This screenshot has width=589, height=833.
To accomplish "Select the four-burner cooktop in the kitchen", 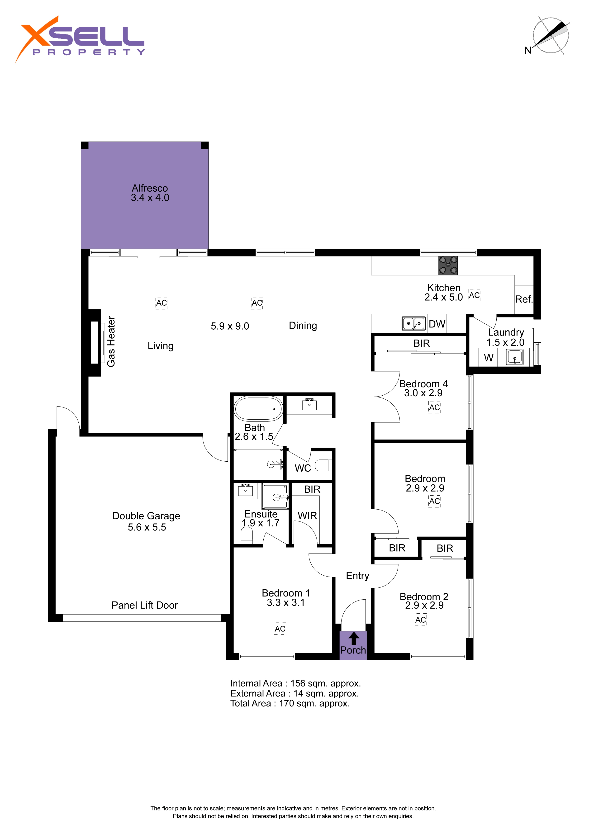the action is (x=448, y=265).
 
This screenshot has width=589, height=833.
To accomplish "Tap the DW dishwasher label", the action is (x=437, y=324).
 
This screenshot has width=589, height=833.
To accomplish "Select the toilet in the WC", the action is (x=323, y=465).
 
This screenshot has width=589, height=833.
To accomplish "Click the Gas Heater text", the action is (x=111, y=341).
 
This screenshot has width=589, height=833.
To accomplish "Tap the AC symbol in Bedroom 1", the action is (x=280, y=629).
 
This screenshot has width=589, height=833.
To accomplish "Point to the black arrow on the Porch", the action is (x=353, y=639).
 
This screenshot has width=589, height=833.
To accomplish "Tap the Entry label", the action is (x=357, y=576).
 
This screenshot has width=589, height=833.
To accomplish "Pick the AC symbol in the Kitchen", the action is (x=474, y=295).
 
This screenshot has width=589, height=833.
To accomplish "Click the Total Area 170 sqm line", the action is (x=290, y=704).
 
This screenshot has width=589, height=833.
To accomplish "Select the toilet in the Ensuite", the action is (x=247, y=535).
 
